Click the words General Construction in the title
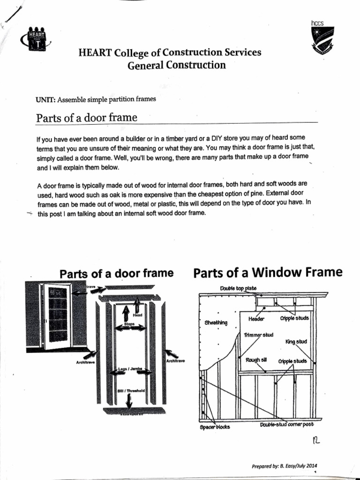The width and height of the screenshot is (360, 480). tap(177, 65)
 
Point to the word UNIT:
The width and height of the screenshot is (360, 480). tap(46, 99)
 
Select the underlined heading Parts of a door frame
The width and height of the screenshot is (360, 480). tap(87, 117)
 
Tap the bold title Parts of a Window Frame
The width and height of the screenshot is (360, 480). tap(268, 272)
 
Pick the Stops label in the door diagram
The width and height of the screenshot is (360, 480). tap(129, 324)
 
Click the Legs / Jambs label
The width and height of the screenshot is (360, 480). tap(130, 369)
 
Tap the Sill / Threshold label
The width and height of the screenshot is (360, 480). tap(131, 390)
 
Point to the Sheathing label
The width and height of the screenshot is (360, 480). tap(216, 322)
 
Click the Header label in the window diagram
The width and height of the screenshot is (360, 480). tap(256, 319)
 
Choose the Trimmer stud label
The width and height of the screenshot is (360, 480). tap(258, 335)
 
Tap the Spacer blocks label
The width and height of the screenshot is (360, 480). tap(212, 427)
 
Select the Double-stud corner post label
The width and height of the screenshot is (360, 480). tap(286, 425)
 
